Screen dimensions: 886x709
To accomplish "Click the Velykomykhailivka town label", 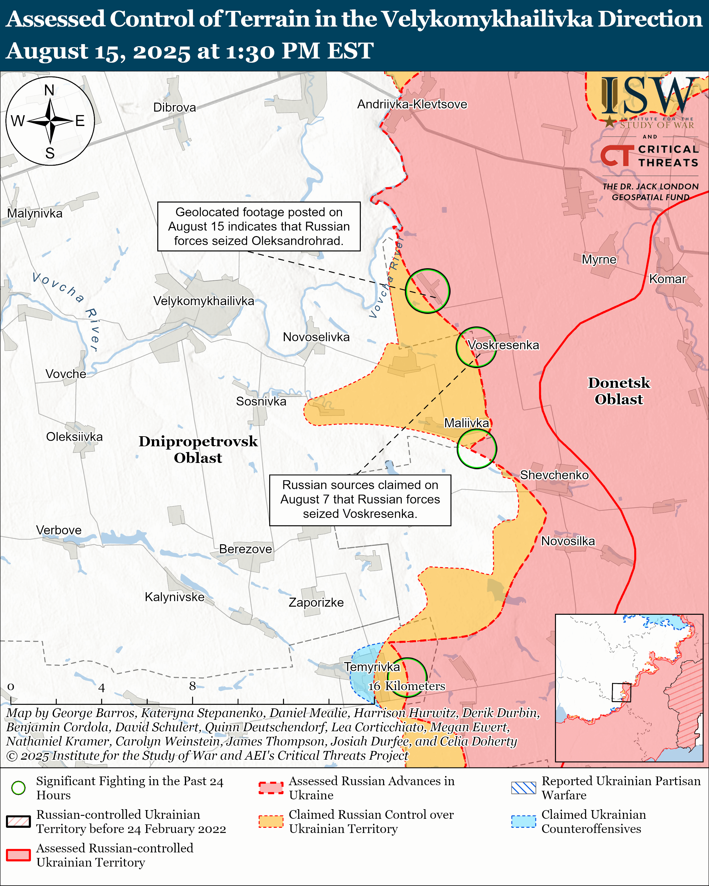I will pos(204,301).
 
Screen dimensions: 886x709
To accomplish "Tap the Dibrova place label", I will pos(174,108).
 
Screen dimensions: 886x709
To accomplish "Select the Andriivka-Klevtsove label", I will pos(412,104).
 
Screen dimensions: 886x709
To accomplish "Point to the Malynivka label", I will pos(35,214).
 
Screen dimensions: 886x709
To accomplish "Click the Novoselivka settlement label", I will pos(316,337).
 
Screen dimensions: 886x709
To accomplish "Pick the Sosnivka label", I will pos(261,401).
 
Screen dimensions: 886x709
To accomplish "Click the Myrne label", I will pos(599,260).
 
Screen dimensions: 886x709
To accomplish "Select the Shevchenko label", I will pos(554,475).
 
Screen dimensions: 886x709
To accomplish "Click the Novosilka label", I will pos(568,541).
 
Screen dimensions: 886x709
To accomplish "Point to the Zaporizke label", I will pos(316,602).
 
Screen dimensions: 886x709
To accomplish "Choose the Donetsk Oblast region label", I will pos(619,391).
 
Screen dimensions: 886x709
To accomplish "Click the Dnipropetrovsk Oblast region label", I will pos(198,449).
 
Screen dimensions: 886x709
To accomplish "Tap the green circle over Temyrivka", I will pos(407,677).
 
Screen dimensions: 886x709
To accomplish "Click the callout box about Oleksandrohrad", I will pos(259,227).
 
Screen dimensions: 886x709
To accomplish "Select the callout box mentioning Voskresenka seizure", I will pos(360,500).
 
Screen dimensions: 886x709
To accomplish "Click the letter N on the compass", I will pos(49,90).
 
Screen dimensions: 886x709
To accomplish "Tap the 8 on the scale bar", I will pos(192,686).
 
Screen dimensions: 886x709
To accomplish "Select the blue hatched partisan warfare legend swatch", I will pos(523,788).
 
